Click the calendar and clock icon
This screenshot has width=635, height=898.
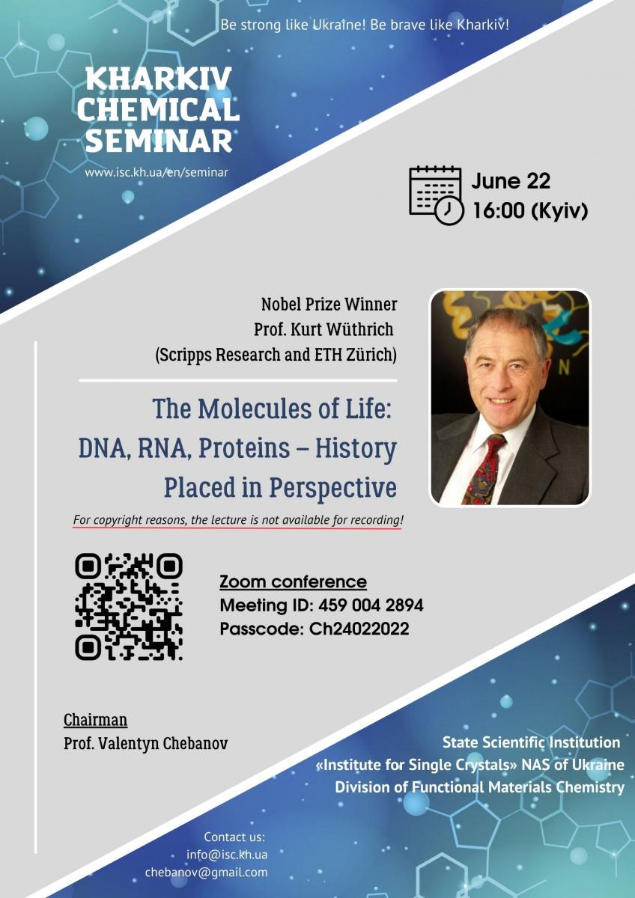coord(437,195)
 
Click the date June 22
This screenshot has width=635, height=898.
coord(511,181)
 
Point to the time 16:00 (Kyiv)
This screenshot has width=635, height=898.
coord(530,211)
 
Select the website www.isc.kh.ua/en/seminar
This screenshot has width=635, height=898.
coord(157,173)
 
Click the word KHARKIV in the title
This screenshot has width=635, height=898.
coord(159,79)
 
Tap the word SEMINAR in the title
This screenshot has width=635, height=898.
coord(159,141)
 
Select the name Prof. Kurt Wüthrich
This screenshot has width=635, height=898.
coord(323,329)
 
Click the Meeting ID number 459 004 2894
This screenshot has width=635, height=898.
coord(371,605)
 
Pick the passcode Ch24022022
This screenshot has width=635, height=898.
coord(359,629)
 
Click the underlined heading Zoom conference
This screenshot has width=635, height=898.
coord(293,581)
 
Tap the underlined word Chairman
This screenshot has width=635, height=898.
coord(95,720)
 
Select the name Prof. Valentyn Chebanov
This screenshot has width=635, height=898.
coord(145,744)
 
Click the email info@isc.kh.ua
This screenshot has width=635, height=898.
coord(227,855)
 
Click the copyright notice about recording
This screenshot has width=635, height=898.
coord(238,520)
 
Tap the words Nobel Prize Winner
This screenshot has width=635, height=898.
coord(329,305)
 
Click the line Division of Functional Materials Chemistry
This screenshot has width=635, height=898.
coord(480,787)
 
